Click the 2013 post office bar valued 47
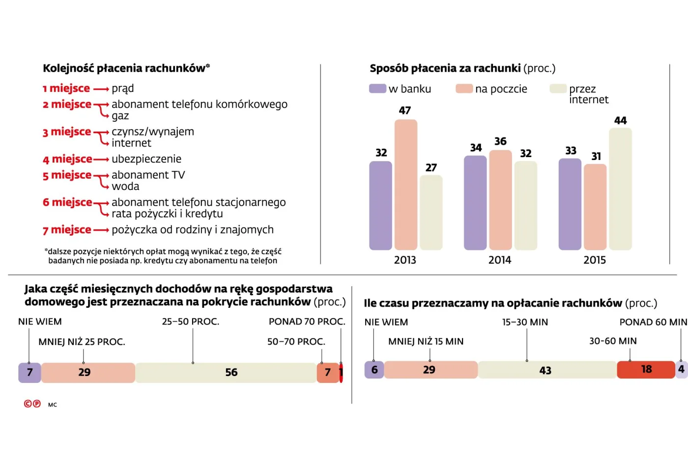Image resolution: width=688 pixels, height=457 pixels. pos(405,185)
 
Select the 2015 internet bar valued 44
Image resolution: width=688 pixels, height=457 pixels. pos(620,189)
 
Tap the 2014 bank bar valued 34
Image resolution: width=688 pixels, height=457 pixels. pos(475,203)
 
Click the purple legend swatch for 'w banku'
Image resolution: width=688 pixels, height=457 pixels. pos(377,89)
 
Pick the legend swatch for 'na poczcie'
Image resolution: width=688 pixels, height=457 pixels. pos(464,89)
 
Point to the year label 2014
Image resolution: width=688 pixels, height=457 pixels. pos(500,260)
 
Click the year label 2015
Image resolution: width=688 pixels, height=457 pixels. pos(595,260)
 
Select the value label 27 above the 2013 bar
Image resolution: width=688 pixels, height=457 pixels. pos(431,168)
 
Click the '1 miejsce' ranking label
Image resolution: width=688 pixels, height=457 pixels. pos(66,89)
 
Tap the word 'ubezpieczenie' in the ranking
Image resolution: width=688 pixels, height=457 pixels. pos(146,159)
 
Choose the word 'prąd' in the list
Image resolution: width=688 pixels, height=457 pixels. pos(123,89)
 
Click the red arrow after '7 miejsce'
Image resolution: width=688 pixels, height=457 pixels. pos(101,230)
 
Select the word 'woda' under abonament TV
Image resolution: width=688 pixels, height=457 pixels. pos(125,187)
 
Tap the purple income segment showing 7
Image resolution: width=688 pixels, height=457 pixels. pos(29,373)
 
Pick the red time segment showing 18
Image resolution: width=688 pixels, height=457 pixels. pos(646,370)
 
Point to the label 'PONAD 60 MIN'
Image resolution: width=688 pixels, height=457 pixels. pos(653,323)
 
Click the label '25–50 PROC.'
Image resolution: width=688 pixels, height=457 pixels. pos(191,322)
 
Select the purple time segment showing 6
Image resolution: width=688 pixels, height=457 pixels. pos(374,370)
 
